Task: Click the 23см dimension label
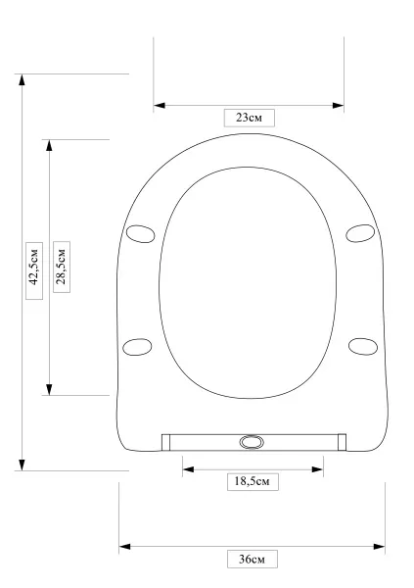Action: [x=250, y=118]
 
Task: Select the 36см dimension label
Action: [x=253, y=560]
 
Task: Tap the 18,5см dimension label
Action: [x=253, y=481]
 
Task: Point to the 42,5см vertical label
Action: [x=34, y=270]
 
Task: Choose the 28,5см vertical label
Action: [x=62, y=267]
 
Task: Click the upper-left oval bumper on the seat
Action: [x=141, y=234]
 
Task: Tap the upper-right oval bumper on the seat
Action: [x=360, y=233]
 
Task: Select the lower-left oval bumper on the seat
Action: [x=137, y=347]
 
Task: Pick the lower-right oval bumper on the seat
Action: [x=363, y=347]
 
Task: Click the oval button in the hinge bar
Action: [x=252, y=442]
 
